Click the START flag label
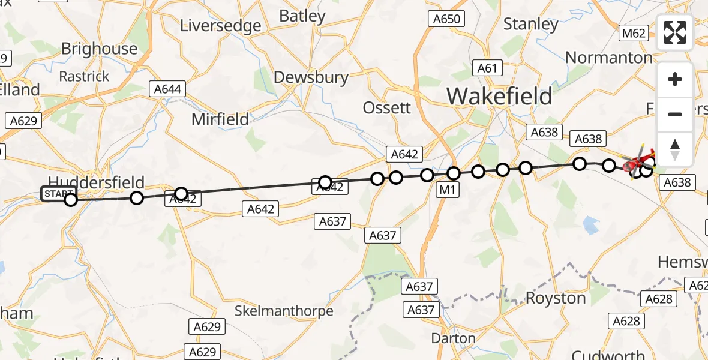point(58,194)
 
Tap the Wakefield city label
point(499,96)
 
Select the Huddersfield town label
point(96,182)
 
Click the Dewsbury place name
point(311,77)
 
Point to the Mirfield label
point(220,119)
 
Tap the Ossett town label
point(387,107)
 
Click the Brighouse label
point(99,49)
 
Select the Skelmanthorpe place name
point(284,311)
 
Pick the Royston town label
point(556,298)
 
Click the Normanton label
point(608,58)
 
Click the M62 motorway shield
point(634,33)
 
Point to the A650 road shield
point(447,19)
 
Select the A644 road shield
point(168,89)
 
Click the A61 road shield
point(487,68)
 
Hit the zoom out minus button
point(675,114)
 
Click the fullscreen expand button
point(675,32)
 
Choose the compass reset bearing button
point(675,149)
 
